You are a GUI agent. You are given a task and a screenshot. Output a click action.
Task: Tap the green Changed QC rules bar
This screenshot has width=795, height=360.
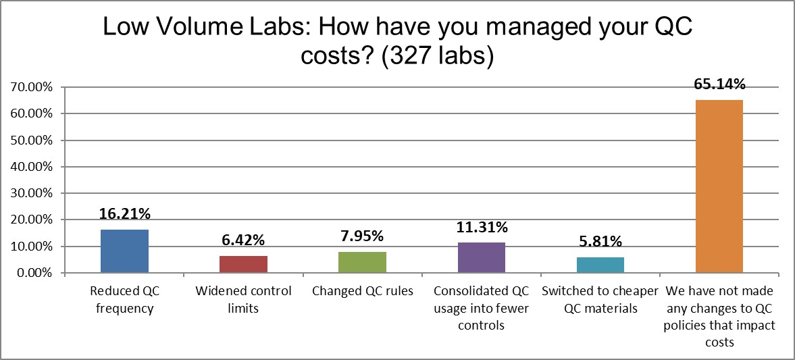point(362,263)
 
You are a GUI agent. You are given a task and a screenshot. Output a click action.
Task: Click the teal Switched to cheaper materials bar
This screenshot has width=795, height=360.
point(600,265)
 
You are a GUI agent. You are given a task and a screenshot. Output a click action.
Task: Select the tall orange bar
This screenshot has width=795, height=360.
point(719,186)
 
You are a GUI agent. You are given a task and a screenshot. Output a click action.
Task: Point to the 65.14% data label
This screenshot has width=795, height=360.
point(719,85)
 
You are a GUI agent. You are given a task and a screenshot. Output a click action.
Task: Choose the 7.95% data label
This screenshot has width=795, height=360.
point(362,237)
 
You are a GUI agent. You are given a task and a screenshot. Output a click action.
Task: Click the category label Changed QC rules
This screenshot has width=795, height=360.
point(362,292)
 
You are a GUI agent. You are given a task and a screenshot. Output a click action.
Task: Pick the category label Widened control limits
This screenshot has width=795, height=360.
point(243,300)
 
